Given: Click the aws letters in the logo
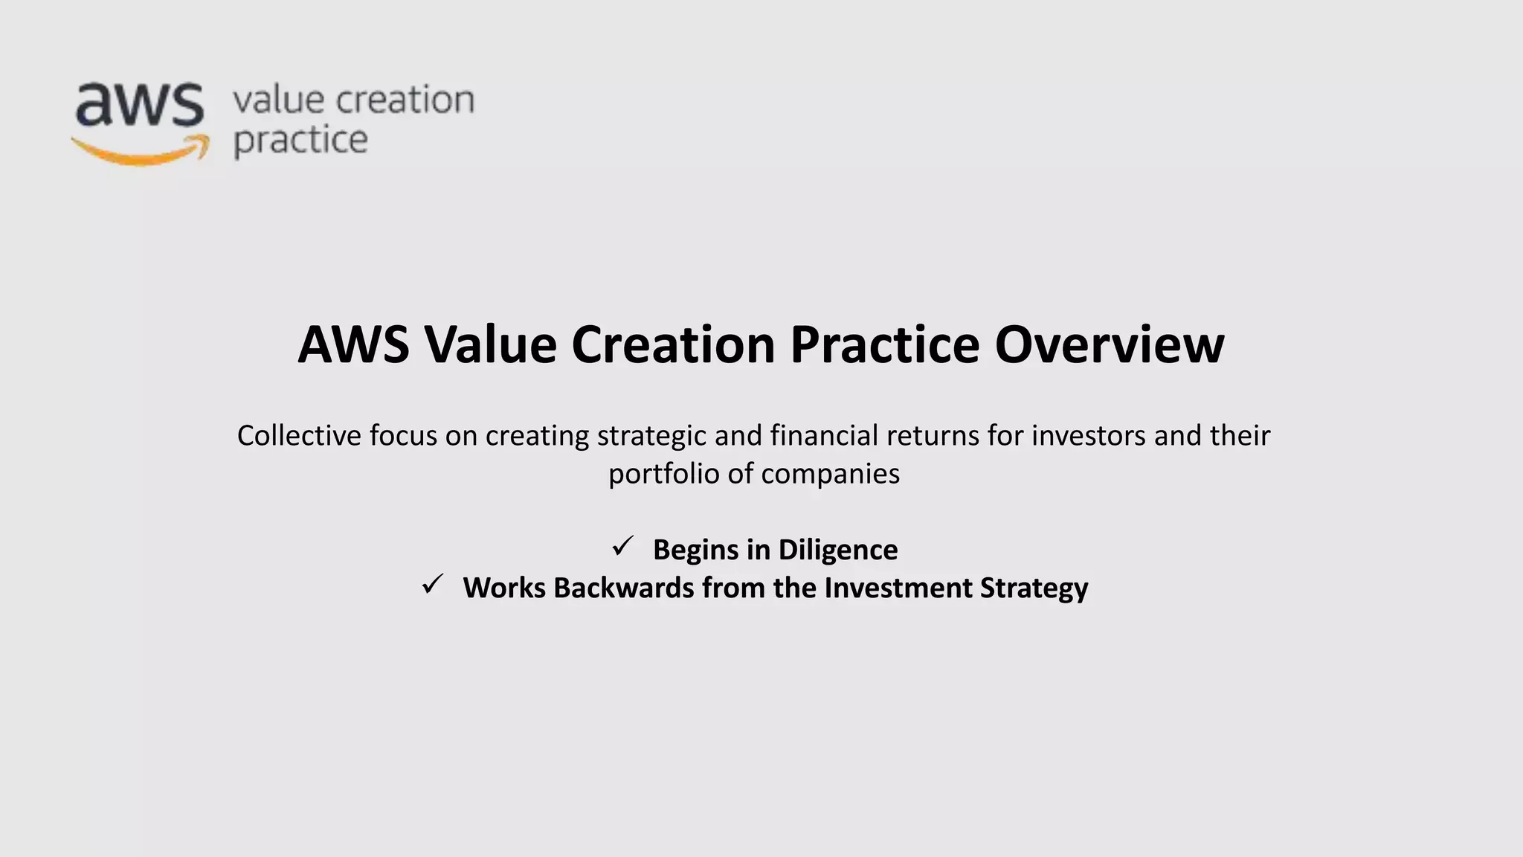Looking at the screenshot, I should pos(139,104).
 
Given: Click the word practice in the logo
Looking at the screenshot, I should pos(300,141).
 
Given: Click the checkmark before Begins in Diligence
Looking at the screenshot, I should pos(622,547).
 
